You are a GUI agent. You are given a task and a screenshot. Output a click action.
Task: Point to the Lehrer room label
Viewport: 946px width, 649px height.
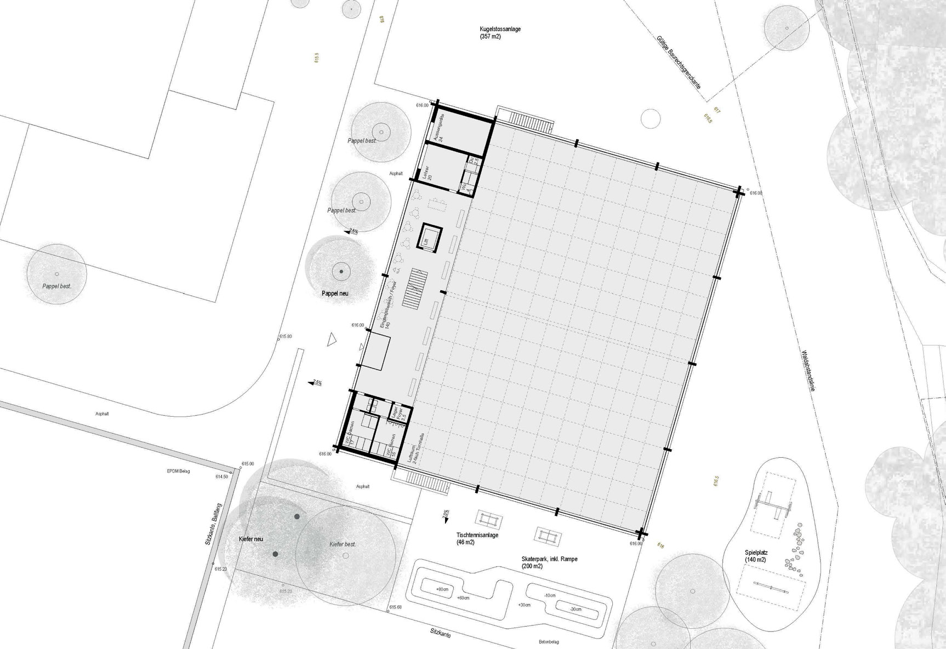pyautogui.click(x=428, y=173)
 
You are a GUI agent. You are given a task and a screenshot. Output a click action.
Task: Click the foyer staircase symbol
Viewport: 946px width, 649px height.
pyautogui.click(x=415, y=288)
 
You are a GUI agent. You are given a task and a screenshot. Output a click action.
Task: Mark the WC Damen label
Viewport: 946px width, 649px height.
pyautogui.click(x=351, y=433)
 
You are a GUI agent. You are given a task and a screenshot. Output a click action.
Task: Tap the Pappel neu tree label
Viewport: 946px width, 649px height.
pyautogui.click(x=335, y=294)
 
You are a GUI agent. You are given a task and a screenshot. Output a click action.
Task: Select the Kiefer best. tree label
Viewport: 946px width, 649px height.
pyautogui.click(x=343, y=544)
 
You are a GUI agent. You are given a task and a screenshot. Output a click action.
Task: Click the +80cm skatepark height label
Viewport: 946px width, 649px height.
pyautogui.click(x=442, y=589)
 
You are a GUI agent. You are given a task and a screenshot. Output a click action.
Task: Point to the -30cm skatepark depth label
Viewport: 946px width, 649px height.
pyautogui.click(x=575, y=609)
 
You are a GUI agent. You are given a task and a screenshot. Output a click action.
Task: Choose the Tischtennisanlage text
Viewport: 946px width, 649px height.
pyautogui.click(x=477, y=535)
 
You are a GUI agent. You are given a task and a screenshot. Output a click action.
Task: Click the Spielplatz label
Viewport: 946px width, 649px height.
pyautogui.click(x=756, y=553)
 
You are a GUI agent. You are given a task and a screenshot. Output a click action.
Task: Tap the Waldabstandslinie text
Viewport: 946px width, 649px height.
pyautogui.click(x=808, y=370)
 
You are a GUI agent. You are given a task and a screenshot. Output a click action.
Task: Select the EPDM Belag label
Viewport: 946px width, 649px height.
pyautogui.click(x=178, y=471)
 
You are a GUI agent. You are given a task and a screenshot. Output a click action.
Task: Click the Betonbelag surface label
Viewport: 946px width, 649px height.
pyautogui.click(x=548, y=642)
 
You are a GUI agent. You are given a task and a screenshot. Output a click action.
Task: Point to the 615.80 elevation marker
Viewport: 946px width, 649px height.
pyautogui.click(x=285, y=336)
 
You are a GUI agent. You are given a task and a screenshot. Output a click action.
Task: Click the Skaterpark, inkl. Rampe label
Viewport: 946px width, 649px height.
pyautogui.click(x=549, y=559)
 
